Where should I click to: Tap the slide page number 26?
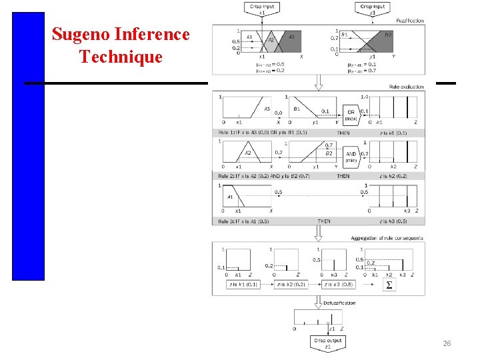pos(447,343)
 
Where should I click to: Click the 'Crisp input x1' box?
pos(261,9)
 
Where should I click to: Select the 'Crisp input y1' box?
pos(371,9)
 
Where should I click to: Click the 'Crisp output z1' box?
pos(327,343)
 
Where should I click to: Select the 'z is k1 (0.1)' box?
pos(242,285)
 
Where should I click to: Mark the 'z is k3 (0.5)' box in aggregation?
pos(338,285)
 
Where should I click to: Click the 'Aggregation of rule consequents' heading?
pos(387,238)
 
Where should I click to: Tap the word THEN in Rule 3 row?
pos(323,221)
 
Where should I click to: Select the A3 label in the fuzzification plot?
pos(291,37)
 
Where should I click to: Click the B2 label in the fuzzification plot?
pos(389,34)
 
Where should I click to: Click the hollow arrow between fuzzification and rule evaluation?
pos(318,83)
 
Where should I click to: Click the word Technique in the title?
pos(121,57)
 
